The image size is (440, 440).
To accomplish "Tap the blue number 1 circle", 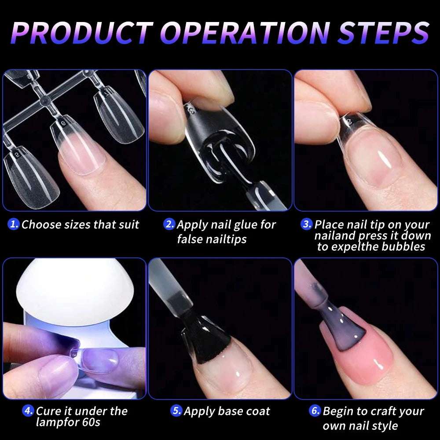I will pyautogui.click(x=14, y=224).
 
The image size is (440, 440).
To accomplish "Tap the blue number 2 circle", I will pyautogui.click(x=169, y=224).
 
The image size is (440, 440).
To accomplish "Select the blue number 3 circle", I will pyautogui.click(x=307, y=224).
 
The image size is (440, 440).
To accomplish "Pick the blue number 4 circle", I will pyautogui.click(x=29, y=411).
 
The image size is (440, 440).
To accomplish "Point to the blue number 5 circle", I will pyautogui.click(x=176, y=411).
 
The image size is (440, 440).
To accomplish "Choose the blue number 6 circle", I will pyautogui.click(x=315, y=411).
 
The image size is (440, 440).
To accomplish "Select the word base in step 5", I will pyautogui.click(x=224, y=411).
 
